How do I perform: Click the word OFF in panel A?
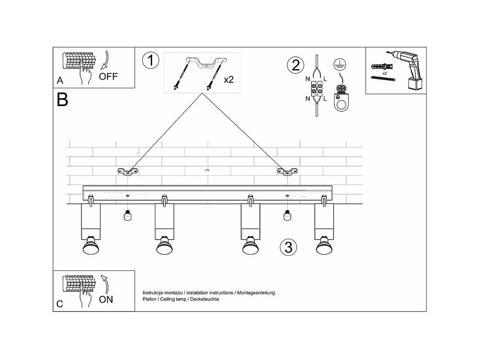(108, 77)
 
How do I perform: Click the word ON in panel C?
(106, 299)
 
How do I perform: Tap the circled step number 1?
(150, 61)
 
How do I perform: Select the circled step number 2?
(296, 65)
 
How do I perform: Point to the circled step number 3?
(289, 247)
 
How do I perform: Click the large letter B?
(62, 100)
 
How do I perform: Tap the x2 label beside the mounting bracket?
(229, 80)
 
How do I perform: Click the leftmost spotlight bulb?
(91, 247)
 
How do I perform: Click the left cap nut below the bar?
(128, 216)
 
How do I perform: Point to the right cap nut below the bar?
(287, 216)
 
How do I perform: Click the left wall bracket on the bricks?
(128, 172)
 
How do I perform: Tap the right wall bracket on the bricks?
(287, 172)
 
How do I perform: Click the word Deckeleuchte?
(205, 299)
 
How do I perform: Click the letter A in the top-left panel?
(60, 81)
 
